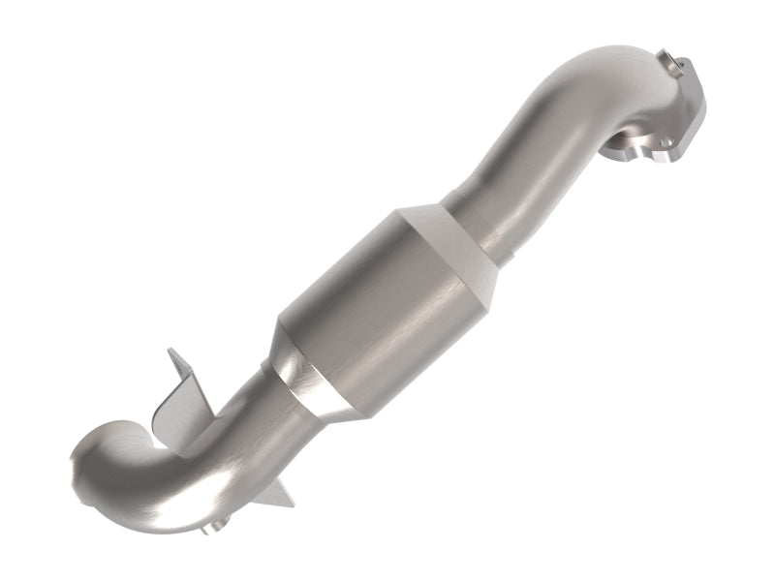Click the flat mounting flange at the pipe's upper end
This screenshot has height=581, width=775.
tap(678, 111)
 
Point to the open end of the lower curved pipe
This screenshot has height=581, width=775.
tap(87, 474)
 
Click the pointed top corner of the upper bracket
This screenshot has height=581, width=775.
tap(169, 350)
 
